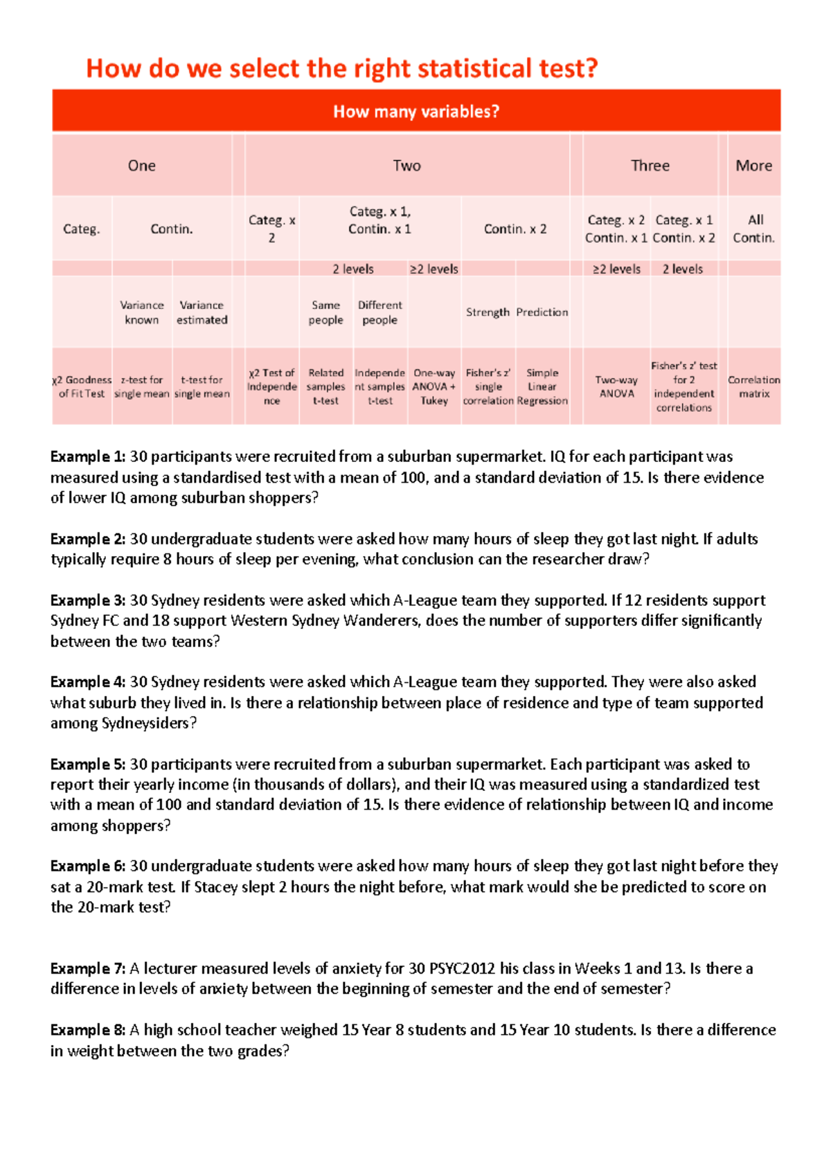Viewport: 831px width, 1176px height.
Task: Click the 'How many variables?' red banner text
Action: click(x=415, y=112)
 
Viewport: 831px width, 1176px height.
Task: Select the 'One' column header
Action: click(x=141, y=166)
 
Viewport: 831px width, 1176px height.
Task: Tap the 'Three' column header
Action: click(x=650, y=166)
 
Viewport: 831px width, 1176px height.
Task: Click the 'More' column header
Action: click(x=753, y=166)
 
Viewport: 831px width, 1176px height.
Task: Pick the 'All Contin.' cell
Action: click(x=754, y=229)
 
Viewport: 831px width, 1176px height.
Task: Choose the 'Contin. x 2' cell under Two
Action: click(x=515, y=229)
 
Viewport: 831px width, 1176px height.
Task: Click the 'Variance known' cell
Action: click(x=141, y=312)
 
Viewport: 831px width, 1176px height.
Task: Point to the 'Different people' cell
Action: click(x=379, y=312)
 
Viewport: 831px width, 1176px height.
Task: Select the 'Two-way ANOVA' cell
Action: click(x=616, y=386)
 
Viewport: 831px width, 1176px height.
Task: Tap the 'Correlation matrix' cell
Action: click(x=753, y=386)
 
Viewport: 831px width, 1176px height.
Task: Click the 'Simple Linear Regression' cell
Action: click(x=542, y=386)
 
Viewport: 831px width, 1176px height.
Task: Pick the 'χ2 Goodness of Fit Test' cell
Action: click(x=82, y=386)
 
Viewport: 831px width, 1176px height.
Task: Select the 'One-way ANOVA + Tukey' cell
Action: click(x=434, y=386)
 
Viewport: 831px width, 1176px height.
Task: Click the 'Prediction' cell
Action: click(x=542, y=312)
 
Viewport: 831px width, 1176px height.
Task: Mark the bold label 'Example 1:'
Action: click(x=88, y=457)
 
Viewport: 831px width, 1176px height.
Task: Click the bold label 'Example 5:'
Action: click(x=88, y=765)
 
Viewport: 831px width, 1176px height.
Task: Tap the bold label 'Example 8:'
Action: click(x=88, y=1031)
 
